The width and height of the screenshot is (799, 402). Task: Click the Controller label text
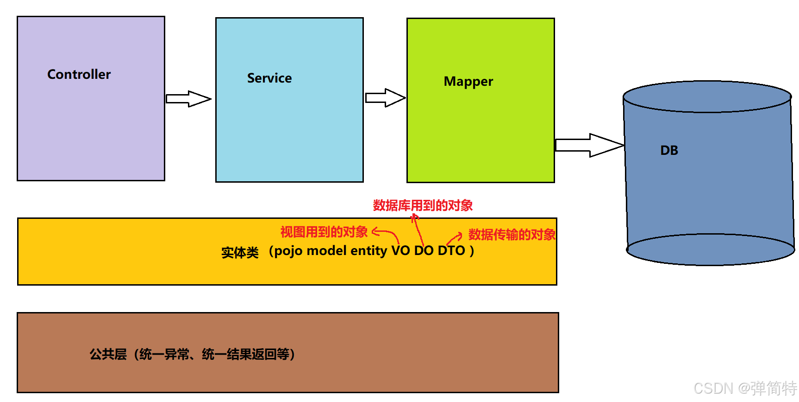[x=79, y=75]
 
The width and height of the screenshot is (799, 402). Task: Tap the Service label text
[x=269, y=78]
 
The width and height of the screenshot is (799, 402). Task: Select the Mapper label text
[x=468, y=82]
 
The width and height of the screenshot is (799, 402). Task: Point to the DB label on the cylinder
[x=669, y=150]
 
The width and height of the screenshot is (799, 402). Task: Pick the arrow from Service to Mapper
[x=385, y=98]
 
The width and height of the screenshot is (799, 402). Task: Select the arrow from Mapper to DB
[x=589, y=145]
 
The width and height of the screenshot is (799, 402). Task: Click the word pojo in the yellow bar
[x=288, y=251]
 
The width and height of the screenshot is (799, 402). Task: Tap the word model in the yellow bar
[x=326, y=251]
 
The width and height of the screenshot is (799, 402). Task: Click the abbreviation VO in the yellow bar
[x=401, y=251]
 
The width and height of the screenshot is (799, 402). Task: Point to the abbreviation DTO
[x=451, y=251]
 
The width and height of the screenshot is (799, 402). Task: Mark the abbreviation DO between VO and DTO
[x=424, y=251]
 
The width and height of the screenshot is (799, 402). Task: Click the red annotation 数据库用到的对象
[x=423, y=205]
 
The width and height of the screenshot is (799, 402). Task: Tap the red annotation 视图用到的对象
[x=324, y=232]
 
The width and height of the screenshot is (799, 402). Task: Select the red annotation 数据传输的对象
[x=512, y=235]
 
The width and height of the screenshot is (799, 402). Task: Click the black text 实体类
[x=240, y=253]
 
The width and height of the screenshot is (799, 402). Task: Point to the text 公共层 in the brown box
[x=108, y=355]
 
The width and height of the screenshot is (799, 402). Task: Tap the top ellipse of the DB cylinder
[x=707, y=97]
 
